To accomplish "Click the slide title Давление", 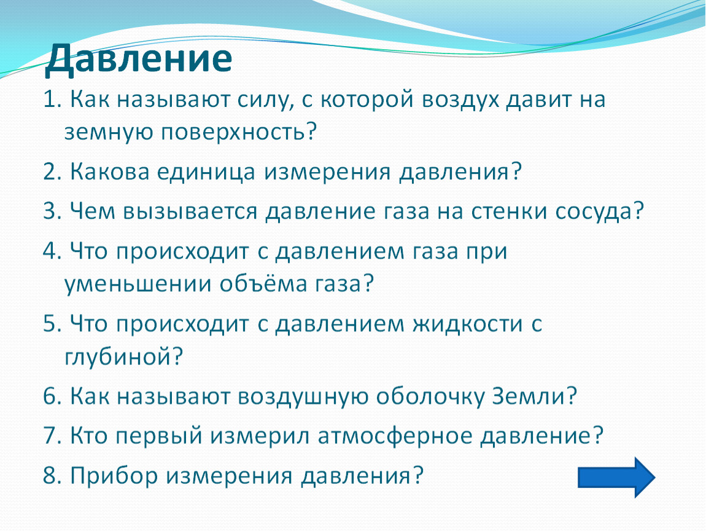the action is tap(138, 58).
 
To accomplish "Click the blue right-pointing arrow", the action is tap(616, 478).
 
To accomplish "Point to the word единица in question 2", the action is tap(206, 171).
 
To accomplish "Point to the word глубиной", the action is tap(124, 357).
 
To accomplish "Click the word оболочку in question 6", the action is tap(430, 396).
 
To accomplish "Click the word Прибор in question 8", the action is tap(114, 476).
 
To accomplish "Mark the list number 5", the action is tap(52, 324).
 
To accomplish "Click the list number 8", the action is tap(52, 476).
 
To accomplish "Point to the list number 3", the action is tap(52, 211).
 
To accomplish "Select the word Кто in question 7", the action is tap(88, 436).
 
